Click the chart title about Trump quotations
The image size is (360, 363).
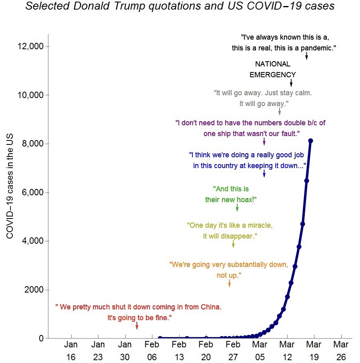[180, 6]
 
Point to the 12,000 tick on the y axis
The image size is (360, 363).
[32, 46]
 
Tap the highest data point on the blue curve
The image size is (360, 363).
[311, 140]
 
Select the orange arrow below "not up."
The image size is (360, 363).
[229, 283]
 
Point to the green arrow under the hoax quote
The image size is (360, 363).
[237, 207]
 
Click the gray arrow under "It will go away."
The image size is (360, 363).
[280, 111]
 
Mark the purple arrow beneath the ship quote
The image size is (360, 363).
[264, 141]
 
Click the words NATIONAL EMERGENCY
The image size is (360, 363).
[273, 69]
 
